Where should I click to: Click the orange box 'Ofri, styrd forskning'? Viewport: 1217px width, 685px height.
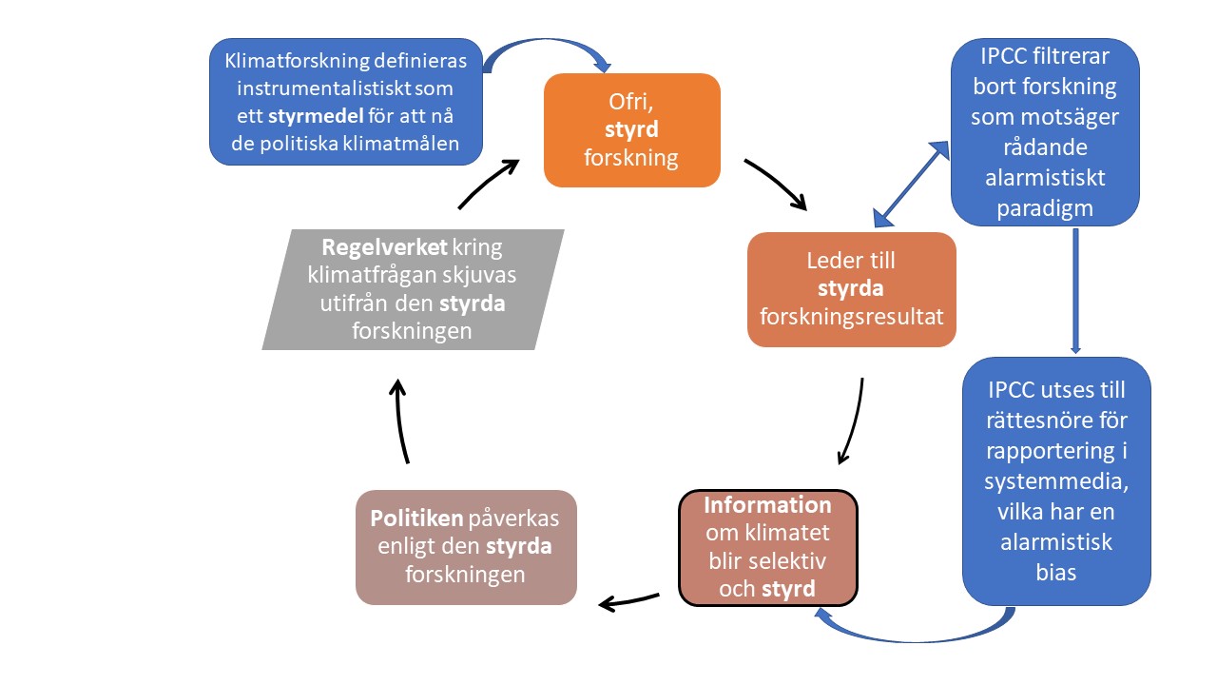tap(631, 130)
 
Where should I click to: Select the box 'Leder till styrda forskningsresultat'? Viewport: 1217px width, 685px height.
tap(852, 288)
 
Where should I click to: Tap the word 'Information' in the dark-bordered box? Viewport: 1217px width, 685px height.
tap(767, 505)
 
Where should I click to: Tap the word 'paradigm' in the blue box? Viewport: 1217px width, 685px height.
tap(1045, 207)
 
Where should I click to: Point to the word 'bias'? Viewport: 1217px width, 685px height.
tap(1056, 573)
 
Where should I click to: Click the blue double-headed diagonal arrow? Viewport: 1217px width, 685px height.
tap(911, 185)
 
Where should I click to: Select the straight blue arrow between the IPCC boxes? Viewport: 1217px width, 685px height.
tap(1075, 290)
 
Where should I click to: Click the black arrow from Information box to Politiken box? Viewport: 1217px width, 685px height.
tap(629, 600)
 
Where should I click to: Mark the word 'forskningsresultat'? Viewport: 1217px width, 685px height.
tap(852, 316)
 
